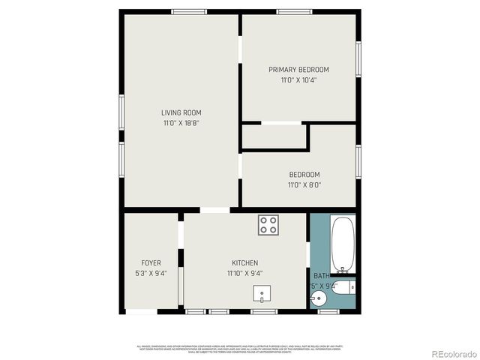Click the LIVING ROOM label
(x=181, y=112)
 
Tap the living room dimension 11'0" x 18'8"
(x=181, y=123)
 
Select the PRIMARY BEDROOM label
(x=298, y=70)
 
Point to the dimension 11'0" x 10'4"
(x=298, y=80)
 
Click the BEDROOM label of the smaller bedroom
(x=304, y=175)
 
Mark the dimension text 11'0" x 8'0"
(x=304, y=185)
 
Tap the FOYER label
(x=151, y=263)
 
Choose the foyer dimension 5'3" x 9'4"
(x=151, y=274)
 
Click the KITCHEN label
(x=244, y=263)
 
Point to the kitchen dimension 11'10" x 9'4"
(x=244, y=274)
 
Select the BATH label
(x=321, y=276)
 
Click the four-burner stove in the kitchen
(x=268, y=224)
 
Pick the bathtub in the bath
(x=343, y=244)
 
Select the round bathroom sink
(x=318, y=299)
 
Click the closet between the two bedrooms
(x=274, y=136)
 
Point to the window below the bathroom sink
(x=328, y=311)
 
